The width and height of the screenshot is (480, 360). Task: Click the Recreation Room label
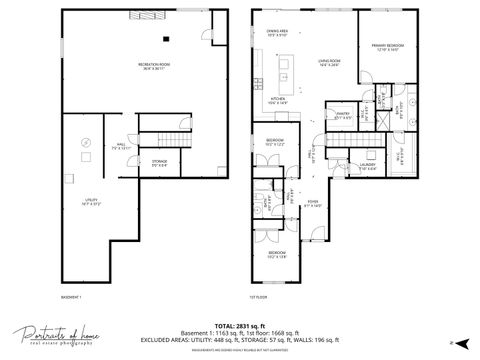click(152, 65)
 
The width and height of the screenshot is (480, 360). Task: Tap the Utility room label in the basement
click(92, 202)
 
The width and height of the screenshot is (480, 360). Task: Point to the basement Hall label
click(121, 148)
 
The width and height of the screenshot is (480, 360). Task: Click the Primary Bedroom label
click(386, 47)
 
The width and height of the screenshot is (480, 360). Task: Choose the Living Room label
click(329, 64)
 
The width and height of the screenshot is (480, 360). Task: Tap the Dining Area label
click(280, 34)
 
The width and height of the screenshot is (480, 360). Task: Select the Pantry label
click(342, 117)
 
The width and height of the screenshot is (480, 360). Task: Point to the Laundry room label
click(369, 165)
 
